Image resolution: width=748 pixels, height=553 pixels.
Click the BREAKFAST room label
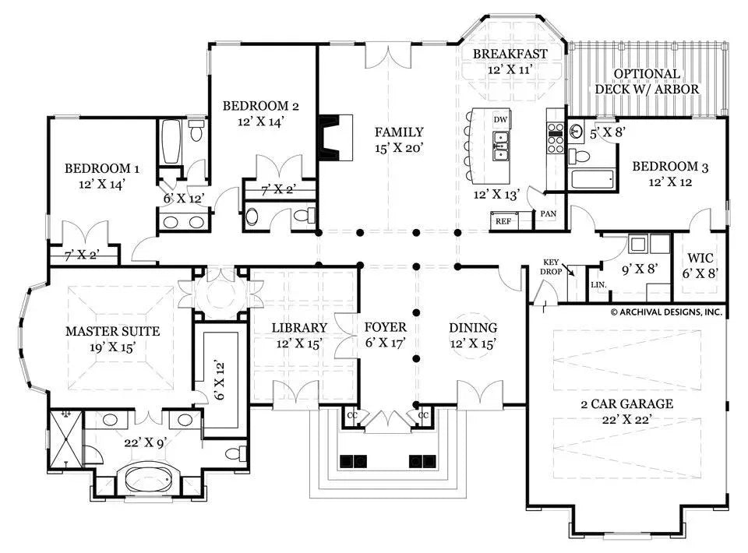(510, 54)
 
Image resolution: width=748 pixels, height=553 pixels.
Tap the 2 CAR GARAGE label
(626, 404)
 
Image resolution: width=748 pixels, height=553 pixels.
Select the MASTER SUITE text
(123, 332)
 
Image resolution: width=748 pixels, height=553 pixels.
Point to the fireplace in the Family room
(335, 138)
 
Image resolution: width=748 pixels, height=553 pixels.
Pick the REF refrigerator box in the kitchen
(503, 220)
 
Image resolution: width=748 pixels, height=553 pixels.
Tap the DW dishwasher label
(501, 119)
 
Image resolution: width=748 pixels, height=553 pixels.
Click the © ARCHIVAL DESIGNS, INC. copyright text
(665, 312)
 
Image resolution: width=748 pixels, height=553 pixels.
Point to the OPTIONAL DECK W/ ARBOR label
(647, 82)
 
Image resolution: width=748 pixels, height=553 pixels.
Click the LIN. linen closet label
(598, 286)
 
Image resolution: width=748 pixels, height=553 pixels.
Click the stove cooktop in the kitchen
(556, 137)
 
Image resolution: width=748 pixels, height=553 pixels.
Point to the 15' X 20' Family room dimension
(398, 147)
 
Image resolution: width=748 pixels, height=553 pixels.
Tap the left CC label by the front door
(352, 415)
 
